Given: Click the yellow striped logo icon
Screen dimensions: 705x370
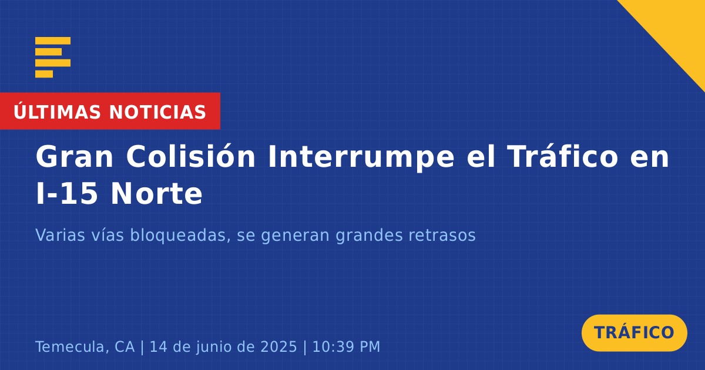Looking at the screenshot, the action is click(x=53, y=58).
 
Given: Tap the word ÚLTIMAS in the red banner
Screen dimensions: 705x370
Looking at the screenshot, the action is click(x=57, y=112).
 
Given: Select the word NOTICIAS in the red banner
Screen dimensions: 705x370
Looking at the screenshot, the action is click(x=157, y=112).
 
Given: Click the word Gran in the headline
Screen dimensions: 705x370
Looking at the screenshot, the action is click(x=74, y=157).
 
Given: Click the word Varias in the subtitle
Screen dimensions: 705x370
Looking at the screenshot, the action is click(x=60, y=235).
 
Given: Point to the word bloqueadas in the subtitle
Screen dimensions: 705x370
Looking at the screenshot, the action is click(x=178, y=236).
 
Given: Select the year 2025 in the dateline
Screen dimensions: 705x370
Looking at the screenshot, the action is click(x=279, y=347).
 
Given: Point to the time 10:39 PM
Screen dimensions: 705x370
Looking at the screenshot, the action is click(x=346, y=347).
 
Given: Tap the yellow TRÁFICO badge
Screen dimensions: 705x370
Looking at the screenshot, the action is click(x=634, y=333).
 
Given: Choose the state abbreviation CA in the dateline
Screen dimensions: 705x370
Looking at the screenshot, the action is click(x=125, y=347).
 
